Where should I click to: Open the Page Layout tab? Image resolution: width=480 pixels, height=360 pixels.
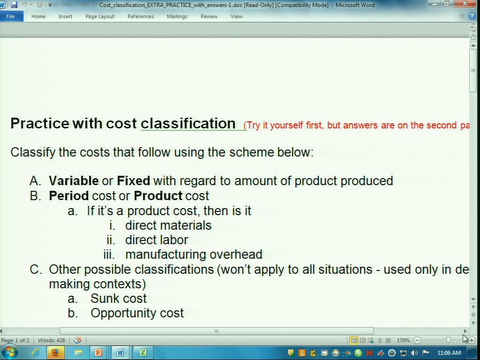coord(100,16)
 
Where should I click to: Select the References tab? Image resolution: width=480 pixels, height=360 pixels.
coord(141,16)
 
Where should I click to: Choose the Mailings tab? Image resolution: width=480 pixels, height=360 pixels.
coord(177,16)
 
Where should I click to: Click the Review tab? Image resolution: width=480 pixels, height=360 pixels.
coord(209,16)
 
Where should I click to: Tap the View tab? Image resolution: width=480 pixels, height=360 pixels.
coord(236,16)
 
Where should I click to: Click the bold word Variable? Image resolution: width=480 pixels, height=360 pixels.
coord(74,181)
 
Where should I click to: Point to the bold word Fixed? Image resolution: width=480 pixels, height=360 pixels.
coord(134,181)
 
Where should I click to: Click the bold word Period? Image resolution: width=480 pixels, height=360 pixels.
coord(69,196)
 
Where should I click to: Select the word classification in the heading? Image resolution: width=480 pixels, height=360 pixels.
coord(188,123)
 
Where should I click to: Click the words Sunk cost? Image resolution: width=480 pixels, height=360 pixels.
coord(119,299)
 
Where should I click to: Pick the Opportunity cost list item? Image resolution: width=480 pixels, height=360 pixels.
coord(137,313)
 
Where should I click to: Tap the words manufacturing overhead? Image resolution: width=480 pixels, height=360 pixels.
coord(194,255)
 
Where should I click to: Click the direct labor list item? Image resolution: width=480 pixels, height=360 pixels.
coord(157,240)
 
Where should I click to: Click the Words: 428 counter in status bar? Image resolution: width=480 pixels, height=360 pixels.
coord(52,340)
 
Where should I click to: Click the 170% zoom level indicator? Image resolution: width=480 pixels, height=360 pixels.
coord(403,340)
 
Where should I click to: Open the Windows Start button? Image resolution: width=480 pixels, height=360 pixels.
coord(9,352)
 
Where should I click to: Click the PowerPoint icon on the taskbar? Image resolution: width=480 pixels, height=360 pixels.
coord(98,352)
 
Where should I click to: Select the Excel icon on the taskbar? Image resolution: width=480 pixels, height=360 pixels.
coord(143,352)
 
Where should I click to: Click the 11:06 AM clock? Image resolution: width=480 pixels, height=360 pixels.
coord(449,353)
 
